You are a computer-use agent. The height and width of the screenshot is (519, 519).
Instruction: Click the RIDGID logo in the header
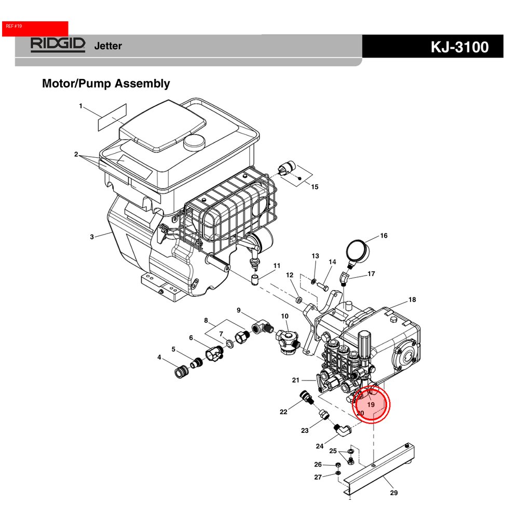click(x=57, y=45)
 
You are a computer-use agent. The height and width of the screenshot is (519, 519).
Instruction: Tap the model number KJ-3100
click(x=459, y=47)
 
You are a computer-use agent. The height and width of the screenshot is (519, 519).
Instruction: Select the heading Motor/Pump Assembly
click(x=106, y=84)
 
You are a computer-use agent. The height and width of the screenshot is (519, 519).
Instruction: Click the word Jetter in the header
click(x=108, y=46)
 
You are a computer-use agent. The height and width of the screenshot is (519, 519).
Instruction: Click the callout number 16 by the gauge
click(x=384, y=236)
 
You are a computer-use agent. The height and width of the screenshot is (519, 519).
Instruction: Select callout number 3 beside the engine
click(x=92, y=237)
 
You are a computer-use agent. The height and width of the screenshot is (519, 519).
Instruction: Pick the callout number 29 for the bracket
click(x=393, y=493)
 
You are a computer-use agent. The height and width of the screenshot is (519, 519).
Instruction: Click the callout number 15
click(x=315, y=187)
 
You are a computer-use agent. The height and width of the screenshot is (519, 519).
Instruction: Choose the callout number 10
click(x=285, y=316)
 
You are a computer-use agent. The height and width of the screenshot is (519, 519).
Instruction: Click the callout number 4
click(x=160, y=357)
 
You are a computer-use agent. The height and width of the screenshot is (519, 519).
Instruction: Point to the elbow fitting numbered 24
click(x=341, y=430)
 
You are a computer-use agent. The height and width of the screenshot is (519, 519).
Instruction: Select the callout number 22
click(x=283, y=412)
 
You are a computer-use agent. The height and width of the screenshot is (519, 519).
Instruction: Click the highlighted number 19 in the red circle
click(x=371, y=404)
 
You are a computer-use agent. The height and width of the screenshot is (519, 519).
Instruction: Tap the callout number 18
click(x=412, y=299)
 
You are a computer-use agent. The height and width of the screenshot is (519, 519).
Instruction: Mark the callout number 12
click(x=290, y=275)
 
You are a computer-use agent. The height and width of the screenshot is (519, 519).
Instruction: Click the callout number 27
click(x=318, y=477)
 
